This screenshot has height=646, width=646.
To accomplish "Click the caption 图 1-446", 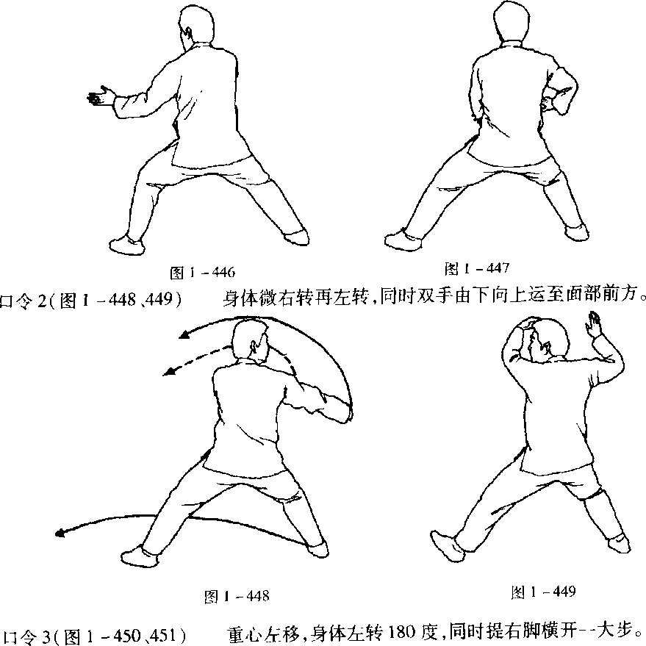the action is point(202,273).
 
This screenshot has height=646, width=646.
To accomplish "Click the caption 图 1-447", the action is point(477,269).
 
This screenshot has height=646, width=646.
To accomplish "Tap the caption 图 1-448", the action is point(237,596).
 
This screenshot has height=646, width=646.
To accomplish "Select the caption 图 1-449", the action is point(543,592).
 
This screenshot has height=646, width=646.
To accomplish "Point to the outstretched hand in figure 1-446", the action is point(100,96).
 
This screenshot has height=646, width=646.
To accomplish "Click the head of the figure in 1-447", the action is point(512,21).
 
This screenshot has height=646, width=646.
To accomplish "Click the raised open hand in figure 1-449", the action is point(593,325).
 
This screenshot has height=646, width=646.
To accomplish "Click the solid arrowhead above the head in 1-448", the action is point(184,335).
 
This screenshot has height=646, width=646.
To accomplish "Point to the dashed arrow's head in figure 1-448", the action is point(169,371).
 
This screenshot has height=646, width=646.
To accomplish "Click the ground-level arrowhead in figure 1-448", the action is point(60,533).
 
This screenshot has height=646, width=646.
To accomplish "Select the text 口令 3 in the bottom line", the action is point(26,636).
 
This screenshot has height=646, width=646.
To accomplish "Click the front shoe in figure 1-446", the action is point(127,245).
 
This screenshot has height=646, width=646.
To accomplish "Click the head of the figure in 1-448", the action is point(250,340).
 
